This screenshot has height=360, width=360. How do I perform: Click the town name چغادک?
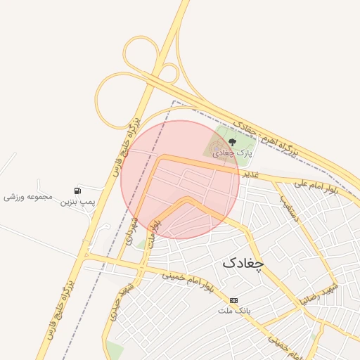click(243, 263)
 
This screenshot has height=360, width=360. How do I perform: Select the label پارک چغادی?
click(233, 153)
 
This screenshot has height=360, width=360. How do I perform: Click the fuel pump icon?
click(77, 191)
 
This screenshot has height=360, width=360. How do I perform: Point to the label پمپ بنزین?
click(77, 202)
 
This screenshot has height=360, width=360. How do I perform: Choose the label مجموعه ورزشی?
click(28, 196)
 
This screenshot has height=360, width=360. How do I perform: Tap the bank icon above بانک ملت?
click(233, 300)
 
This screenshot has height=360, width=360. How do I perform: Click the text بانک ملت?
click(234, 310)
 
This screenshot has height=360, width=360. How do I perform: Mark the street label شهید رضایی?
click(320, 295)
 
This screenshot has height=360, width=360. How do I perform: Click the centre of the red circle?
click(180, 179)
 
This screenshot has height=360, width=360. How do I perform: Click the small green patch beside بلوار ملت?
click(141, 244)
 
